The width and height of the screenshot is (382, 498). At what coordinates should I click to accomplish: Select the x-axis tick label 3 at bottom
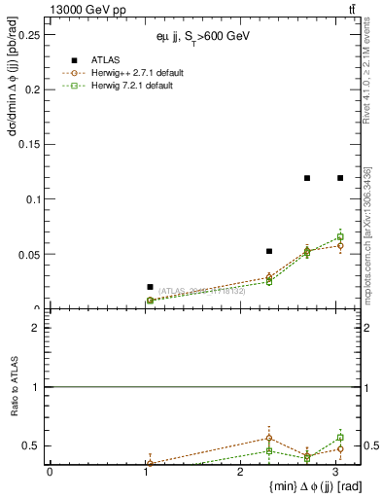pyautogui.click(x=335, y=472)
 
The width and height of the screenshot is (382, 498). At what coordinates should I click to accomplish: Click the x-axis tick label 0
pyautogui.click(x=50, y=472)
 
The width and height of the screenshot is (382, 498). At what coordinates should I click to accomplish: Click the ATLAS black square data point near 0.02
pyautogui.click(x=150, y=287)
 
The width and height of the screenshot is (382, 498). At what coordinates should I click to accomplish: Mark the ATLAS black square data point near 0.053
pyautogui.click(x=269, y=251)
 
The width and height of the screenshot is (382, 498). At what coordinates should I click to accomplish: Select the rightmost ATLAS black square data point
pyautogui.click(x=340, y=178)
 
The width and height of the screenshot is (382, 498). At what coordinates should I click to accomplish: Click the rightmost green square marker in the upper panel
pyautogui.click(x=340, y=237)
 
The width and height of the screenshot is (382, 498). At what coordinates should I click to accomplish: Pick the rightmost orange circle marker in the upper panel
pyautogui.click(x=340, y=245)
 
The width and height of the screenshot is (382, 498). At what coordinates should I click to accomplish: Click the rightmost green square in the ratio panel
pyautogui.click(x=340, y=438)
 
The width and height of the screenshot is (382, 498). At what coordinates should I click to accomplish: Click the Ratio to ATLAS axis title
pyautogui.click(x=14, y=387)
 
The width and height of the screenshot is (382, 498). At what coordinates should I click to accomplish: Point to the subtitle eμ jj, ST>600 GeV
pyautogui.click(x=207, y=36)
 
